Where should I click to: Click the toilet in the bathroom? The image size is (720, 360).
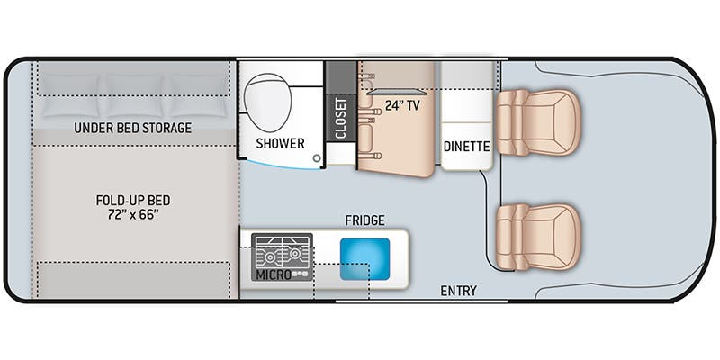268,102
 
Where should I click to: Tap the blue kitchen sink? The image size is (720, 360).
364,259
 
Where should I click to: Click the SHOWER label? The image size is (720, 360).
280,143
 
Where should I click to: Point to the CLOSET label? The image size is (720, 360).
341,119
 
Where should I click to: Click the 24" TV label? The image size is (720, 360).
402,105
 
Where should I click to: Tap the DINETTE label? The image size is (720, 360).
466,147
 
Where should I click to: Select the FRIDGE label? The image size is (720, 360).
365,220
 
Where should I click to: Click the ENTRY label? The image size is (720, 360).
458,291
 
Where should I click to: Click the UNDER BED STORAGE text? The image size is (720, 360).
132,128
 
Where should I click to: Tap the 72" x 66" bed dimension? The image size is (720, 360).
133,214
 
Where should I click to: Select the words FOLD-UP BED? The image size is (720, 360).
133,200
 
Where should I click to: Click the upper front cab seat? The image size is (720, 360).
538,122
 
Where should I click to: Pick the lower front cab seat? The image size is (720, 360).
538,237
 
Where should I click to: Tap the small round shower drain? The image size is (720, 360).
317,158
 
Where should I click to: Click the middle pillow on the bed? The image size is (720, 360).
134,95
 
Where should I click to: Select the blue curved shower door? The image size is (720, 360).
281,165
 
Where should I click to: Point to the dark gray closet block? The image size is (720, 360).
341,101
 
